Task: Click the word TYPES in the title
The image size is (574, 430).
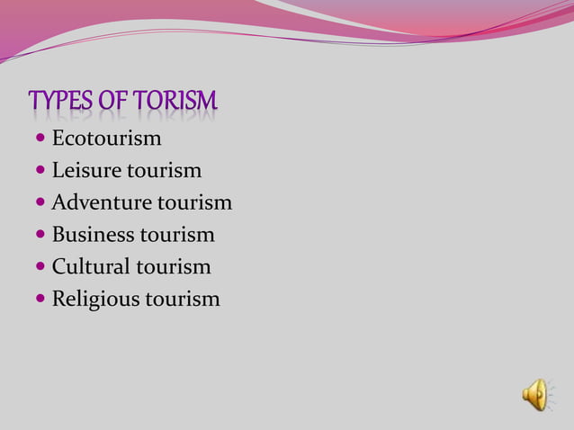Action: tap(60, 103)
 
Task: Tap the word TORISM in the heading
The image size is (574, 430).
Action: tap(175, 103)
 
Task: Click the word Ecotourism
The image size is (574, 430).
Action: tap(106, 139)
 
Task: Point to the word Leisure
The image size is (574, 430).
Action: tap(85, 170)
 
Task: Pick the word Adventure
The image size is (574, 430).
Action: tap(102, 202)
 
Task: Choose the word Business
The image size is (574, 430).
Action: tap(93, 235)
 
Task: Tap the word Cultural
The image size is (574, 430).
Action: tap(91, 266)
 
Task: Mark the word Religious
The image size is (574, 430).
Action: tap(96, 299)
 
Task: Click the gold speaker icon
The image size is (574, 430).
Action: tap(536, 394)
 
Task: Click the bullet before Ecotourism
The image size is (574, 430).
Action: tap(40, 139)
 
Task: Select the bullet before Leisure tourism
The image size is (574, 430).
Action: tap(40, 170)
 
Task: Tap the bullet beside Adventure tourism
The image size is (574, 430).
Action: tap(40, 202)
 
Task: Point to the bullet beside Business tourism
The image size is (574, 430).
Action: tap(40, 235)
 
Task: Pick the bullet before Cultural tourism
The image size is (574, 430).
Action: tap(40, 266)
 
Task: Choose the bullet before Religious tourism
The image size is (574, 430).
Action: tap(40, 299)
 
